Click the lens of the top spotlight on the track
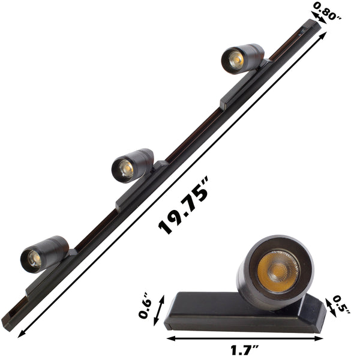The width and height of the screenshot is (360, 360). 234,59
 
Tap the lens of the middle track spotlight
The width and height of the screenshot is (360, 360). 124,169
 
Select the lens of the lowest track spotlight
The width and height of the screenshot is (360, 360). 33,258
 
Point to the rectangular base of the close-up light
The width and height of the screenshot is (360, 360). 240,312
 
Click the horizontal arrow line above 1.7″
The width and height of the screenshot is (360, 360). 245,338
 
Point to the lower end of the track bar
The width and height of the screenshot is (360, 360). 8,320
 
